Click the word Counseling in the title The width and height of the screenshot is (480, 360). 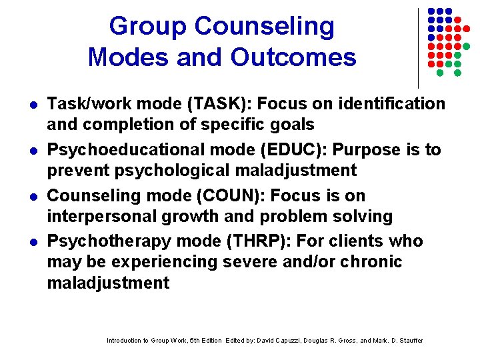[265, 27]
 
